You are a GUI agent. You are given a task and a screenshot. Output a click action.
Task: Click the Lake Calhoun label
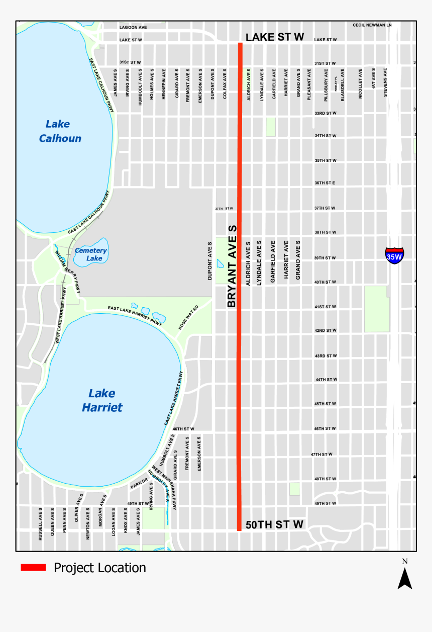pyautogui.click(x=60, y=131)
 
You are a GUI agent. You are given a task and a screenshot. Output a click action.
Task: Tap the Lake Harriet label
pyautogui.click(x=102, y=400)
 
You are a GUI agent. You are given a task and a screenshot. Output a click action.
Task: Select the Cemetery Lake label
pyautogui.click(x=91, y=254)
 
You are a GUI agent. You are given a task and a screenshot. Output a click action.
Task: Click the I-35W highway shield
pyautogui.click(x=394, y=256)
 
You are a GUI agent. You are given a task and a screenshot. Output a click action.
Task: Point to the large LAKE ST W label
pyautogui.click(x=275, y=37)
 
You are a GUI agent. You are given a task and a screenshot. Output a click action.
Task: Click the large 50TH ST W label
pyautogui.click(x=274, y=524)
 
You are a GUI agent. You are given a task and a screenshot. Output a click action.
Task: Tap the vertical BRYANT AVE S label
pyautogui.click(x=232, y=266)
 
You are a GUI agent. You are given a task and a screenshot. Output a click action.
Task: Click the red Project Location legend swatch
pyautogui.click(x=33, y=568)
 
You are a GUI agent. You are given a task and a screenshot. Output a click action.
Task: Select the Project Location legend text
pyautogui.click(x=100, y=568)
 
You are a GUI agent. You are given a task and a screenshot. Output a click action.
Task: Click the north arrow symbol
pyautogui.click(x=404, y=578)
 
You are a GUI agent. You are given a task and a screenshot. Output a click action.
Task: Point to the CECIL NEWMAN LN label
pyautogui.click(x=372, y=25)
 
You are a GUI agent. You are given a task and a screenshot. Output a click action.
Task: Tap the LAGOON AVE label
pyautogui.click(x=133, y=27)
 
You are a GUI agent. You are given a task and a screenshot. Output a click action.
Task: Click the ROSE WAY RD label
pyautogui.click(x=188, y=317)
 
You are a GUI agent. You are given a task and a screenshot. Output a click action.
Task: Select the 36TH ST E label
pyautogui.click(x=325, y=183)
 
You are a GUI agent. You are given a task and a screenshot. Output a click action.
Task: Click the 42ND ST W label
pyautogui.click(x=326, y=330)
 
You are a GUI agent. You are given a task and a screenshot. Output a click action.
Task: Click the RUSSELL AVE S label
pyautogui.click(x=40, y=524)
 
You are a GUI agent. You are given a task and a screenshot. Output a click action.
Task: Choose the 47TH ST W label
pyautogui.click(x=321, y=454)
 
